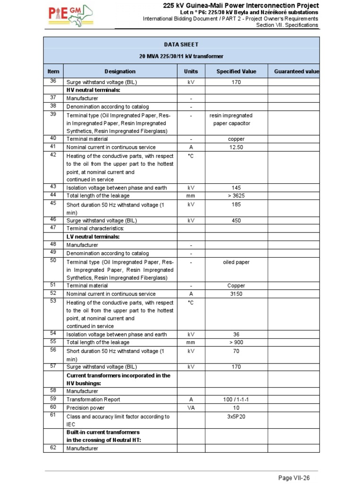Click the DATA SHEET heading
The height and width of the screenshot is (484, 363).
(x=181, y=44)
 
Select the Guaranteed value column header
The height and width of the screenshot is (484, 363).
(x=296, y=71)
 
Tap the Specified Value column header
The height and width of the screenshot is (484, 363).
(x=236, y=71)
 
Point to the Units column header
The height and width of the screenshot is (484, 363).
(x=191, y=71)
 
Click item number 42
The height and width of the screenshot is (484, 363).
(x=53, y=155)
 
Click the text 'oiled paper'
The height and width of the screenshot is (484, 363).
(x=236, y=262)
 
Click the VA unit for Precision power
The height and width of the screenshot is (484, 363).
(x=191, y=408)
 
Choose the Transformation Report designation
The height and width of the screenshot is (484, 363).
(x=93, y=399)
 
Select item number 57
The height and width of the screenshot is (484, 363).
(x=53, y=366)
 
